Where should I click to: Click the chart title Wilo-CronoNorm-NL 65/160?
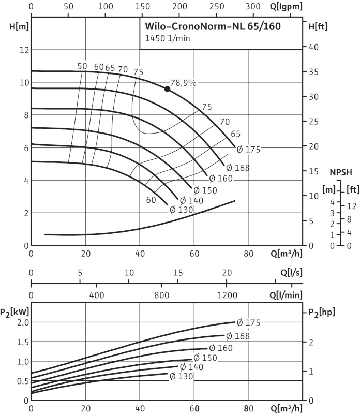pos(213,26)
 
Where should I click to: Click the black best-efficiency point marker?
pos(167,89)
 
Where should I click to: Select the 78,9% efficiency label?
pos(183,83)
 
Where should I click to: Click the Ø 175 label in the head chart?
pos(248,150)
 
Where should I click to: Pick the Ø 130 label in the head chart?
pos(181,210)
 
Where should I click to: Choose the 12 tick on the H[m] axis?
pos(22,50)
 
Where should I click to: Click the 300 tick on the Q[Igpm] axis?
pos(252,6)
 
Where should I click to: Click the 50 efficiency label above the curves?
pos(82,66)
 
